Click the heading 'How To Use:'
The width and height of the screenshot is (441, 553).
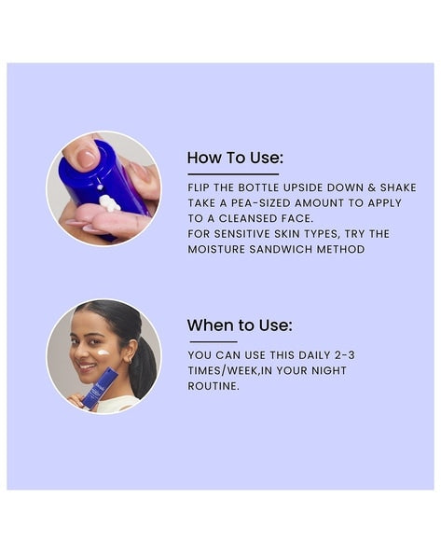click(235, 158)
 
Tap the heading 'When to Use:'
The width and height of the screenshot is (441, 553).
click(240, 325)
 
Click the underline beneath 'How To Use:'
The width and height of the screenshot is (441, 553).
click(233, 173)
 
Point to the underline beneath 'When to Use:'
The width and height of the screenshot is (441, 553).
click(214, 341)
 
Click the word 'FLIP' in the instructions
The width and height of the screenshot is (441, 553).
click(200, 187)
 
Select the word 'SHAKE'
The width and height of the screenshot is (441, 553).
click(398, 187)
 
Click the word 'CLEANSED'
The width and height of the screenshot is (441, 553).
click(248, 218)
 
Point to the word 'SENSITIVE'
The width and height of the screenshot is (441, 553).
click(242, 234)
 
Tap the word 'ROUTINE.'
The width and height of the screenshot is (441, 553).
click(214, 386)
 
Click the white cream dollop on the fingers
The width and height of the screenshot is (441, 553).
click(109, 203)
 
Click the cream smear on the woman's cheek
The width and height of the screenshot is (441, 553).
click(103, 352)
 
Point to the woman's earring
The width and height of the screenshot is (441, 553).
click(130, 361)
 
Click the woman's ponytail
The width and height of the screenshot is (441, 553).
click(144, 366)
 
